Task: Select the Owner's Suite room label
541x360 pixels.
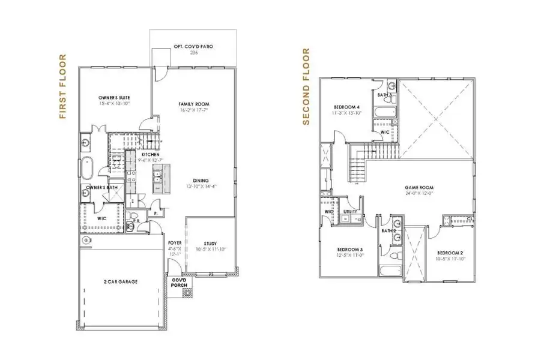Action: click(114, 97)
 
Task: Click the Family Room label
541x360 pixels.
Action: click(193, 103)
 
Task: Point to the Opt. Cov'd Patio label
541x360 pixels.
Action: click(193, 46)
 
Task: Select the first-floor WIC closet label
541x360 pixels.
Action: click(102, 218)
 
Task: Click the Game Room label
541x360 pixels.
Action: click(419, 187)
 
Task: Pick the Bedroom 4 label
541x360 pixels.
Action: click(345, 108)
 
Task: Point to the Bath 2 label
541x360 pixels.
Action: click(388, 230)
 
